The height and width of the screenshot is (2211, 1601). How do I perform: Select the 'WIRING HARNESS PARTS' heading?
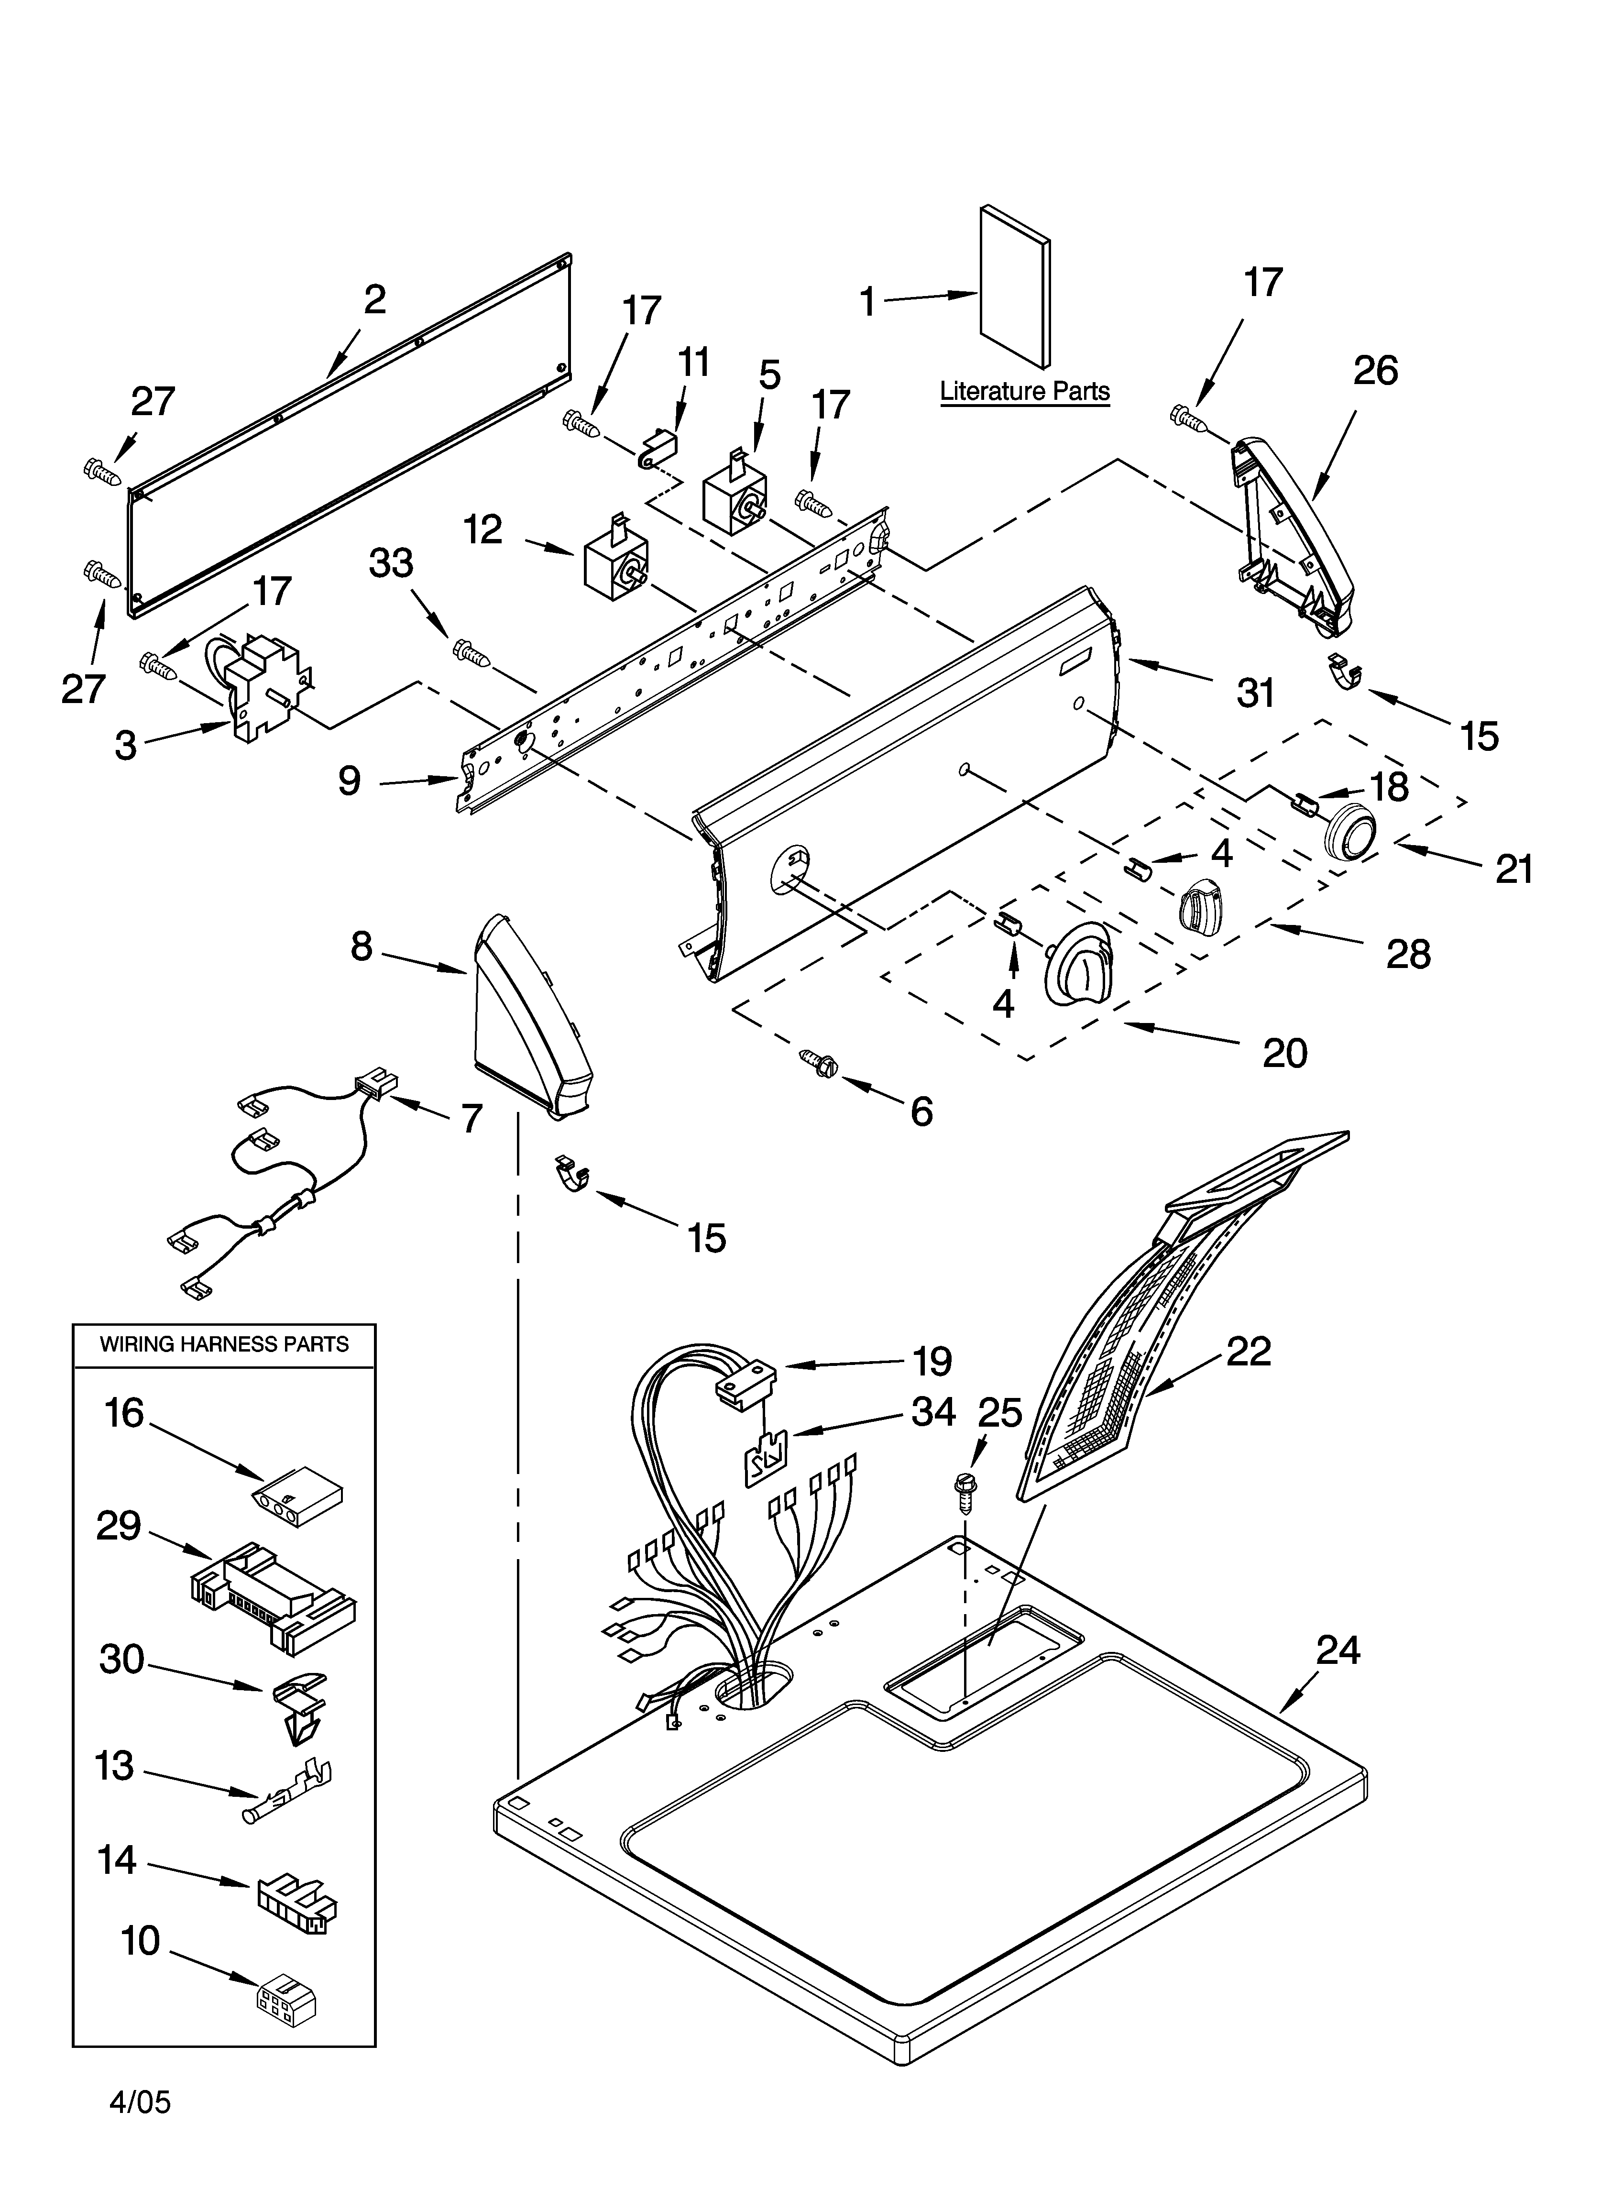pos(224,1344)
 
